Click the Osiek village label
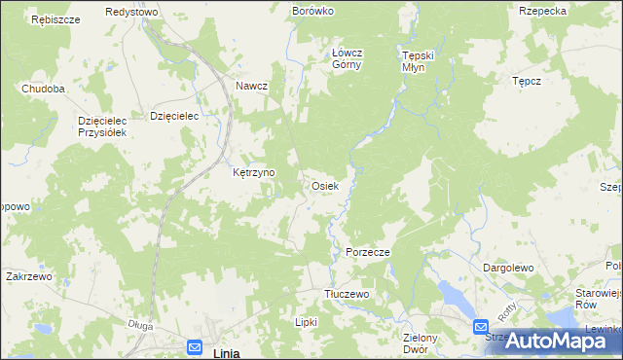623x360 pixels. (324, 185)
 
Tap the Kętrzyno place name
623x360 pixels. (254, 172)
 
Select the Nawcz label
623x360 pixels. (251, 86)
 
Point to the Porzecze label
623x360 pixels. (368, 252)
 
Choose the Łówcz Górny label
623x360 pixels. (347, 58)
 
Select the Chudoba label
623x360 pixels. (44, 89)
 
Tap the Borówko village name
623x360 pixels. (312, 11)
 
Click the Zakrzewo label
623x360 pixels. (28, 276)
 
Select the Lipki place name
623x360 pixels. (308, 321)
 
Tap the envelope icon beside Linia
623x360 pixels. (194, 346)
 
